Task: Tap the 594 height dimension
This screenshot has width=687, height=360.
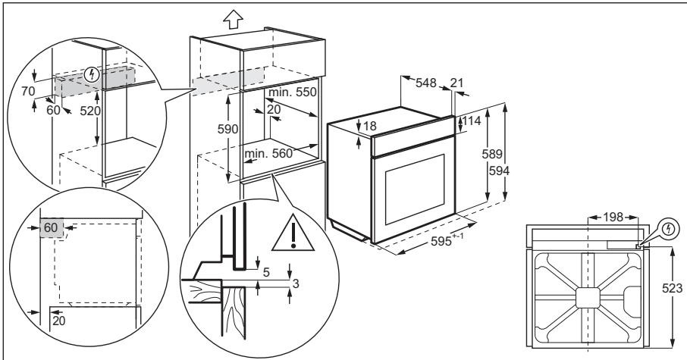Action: pyautogui.click(x=498, y=171)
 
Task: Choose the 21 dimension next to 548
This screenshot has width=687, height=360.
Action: pyautogui.click(x=455, y=82)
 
